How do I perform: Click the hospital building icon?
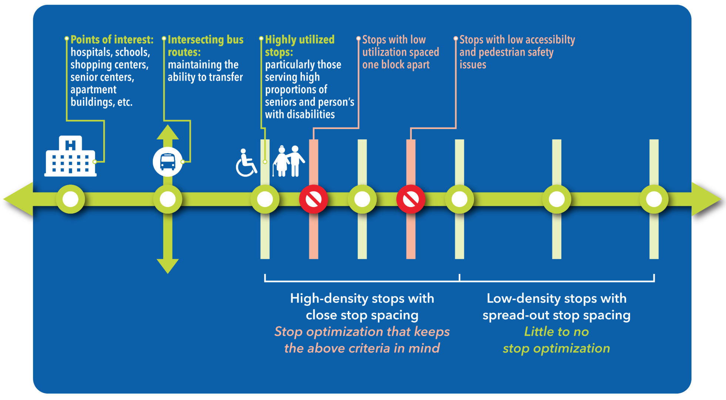pyautogui.click(x=70, y=156)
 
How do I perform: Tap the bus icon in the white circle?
pyautogui.click(x=168, y=162)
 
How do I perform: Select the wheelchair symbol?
pyautogui.click(x=246, y=163)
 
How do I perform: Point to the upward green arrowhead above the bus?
pyautogui.click(x=168, y=132)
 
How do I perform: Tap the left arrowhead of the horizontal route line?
pyautogui.click(x=19, y=199)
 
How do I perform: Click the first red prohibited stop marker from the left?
pyautogui.click(x=313, y=199)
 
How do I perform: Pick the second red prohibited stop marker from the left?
pyautogui.click(x=411, y=199)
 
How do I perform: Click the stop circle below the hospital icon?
pyautogui.click(x=70, y=199)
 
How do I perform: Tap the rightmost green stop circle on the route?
pyautogui.click(x=654, y=199)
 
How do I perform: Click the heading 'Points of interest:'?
pyautogui.click(x=112, y=40)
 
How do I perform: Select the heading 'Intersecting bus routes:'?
pyautogui.click(x=205, y=46)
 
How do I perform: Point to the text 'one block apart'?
pyautogui.click(x=396, y=65)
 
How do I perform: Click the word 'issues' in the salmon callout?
pyautogui.click(x=473, y=65)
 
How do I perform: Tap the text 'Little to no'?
pyautogui.click(x=557, y=332)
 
